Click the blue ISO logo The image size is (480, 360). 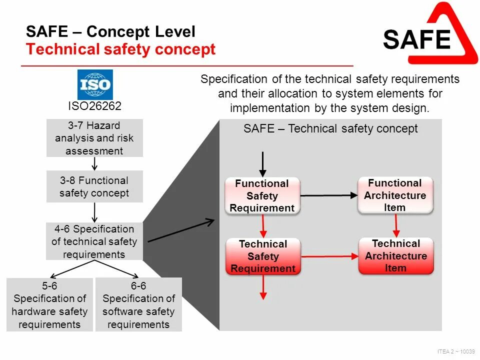95,84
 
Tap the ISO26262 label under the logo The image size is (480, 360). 95,106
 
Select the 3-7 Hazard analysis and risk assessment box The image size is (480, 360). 94,138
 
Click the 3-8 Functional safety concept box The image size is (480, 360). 94,186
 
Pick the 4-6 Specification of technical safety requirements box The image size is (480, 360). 94,241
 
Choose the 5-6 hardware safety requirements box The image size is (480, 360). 49,305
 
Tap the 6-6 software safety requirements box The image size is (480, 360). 138,305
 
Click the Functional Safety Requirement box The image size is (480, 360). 262,196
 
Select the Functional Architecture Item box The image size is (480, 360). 395,195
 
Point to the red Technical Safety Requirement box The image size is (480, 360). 263,256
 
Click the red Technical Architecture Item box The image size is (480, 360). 396,255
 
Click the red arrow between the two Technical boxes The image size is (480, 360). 329,256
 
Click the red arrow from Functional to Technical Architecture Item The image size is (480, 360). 396,225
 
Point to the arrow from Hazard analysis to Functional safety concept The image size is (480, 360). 94,163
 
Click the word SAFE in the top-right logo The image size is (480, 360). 417,39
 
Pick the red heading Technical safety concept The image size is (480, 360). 121,49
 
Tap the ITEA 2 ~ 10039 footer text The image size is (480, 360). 455,351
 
